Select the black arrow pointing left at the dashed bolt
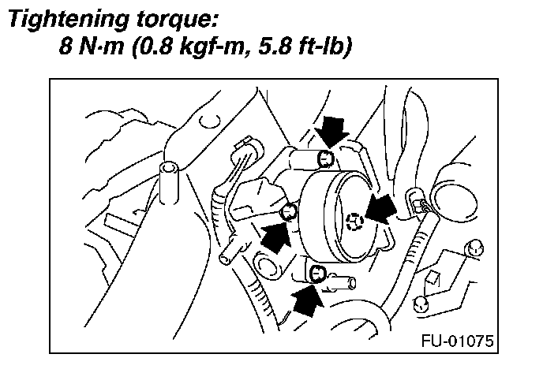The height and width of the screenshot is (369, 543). (381, 211)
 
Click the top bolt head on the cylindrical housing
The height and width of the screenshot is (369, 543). (324, 161)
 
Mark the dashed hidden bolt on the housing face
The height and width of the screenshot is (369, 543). (355, 222)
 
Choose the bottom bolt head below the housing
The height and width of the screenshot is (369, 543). (317, 274)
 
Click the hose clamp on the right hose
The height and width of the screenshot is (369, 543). (416, 203)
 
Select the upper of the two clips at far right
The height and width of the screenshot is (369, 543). (474, 247)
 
